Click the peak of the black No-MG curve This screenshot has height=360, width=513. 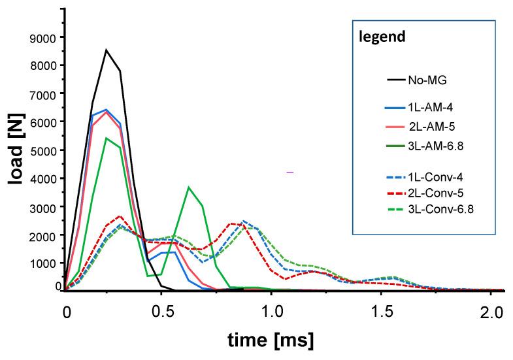coord(107,50)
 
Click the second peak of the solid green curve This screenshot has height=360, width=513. coord(188,188)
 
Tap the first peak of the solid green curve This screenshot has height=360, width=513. coord(106,138)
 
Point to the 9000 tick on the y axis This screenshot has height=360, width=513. coord(44,38)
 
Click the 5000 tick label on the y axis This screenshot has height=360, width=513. coord(44,150)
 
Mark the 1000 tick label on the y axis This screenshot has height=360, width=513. coord(44,263)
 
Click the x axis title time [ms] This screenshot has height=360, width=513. coord(271,340)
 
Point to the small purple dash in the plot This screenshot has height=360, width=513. coord(290,172)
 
